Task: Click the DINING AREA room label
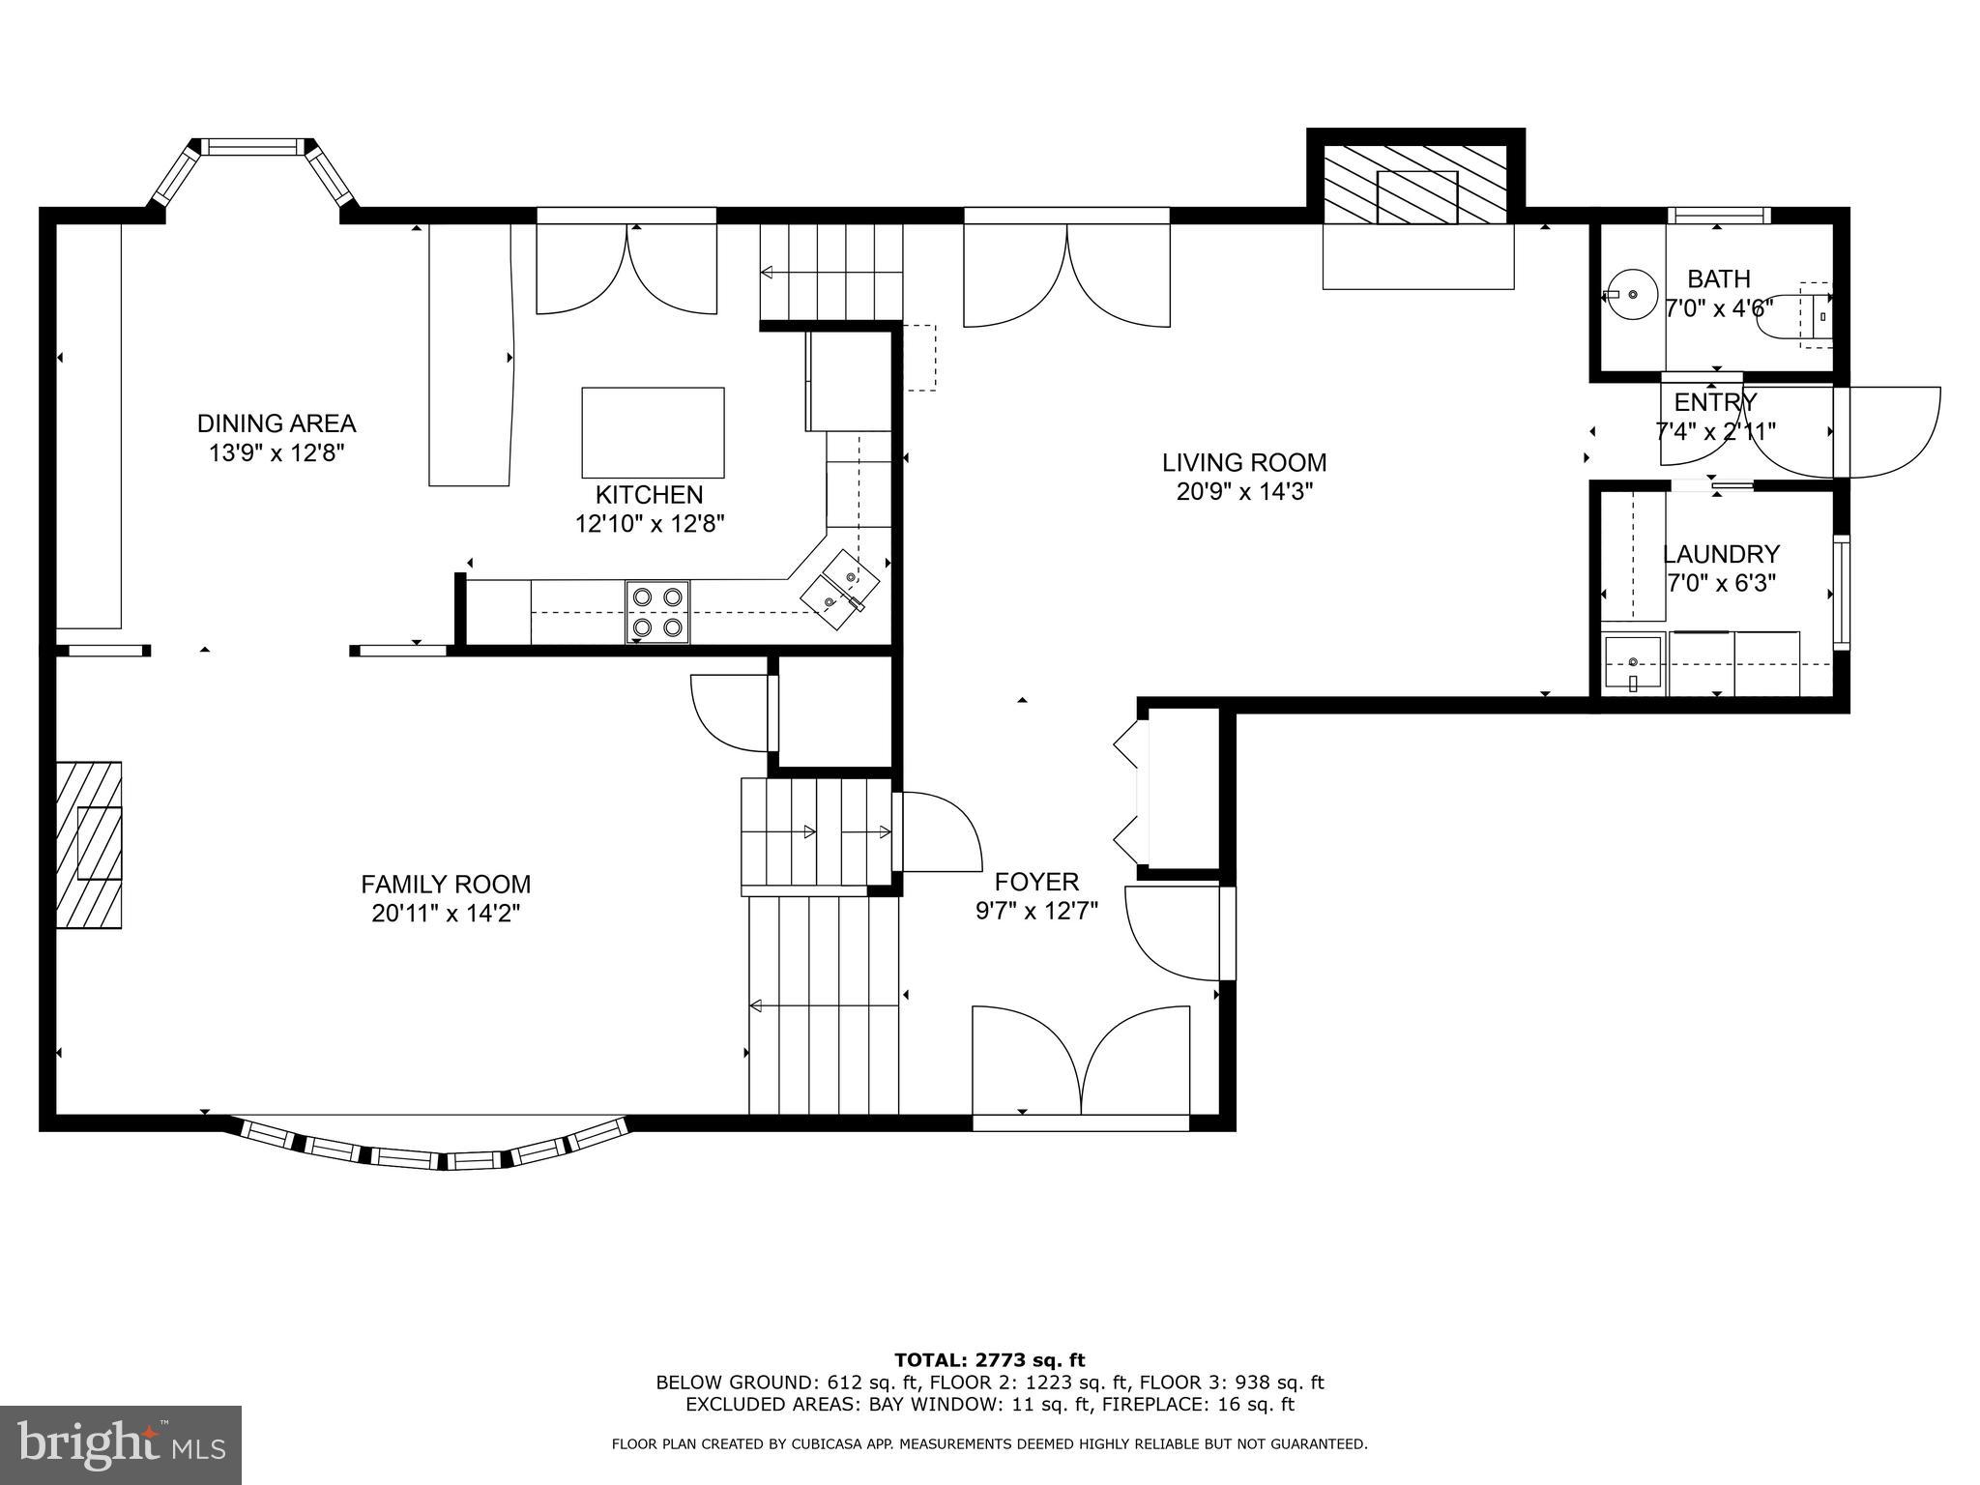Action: tap(277, 423)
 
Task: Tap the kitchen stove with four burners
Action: tap(657, 612)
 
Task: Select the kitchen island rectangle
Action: tap(653, 432)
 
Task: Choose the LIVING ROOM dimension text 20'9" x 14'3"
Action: tap(1244, 492)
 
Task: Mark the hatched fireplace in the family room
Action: tap(89, 845)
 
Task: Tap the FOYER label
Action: tap(1036, 882)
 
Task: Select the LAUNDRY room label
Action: tap(1721, 554)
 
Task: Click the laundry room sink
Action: tap(1633, 664)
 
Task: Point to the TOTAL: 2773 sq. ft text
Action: tap(990, 1360)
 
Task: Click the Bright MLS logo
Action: tap(121, 1445)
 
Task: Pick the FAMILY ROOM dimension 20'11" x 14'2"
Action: tap(446, 914)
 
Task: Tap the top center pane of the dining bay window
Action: tap(251, 147)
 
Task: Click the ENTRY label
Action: tap(1716, 402)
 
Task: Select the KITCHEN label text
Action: tap(649, 495)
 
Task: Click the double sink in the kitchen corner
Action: tap(839, 589)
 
